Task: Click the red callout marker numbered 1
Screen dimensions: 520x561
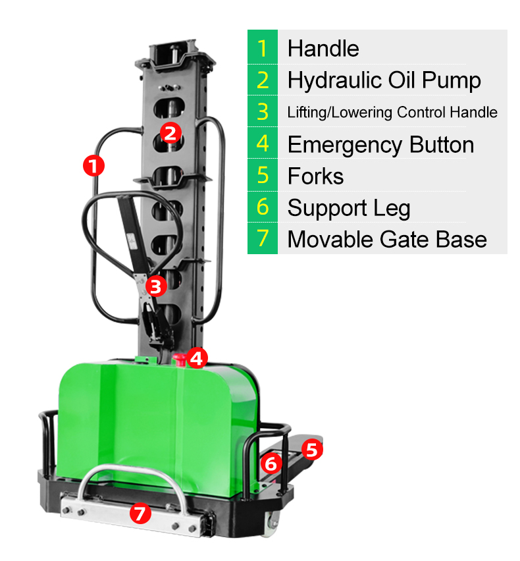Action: point(93,166)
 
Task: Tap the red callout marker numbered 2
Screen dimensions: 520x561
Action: point(170,133)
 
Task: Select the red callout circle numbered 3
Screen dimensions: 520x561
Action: point(156,286)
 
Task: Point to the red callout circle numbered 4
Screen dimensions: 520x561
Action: point(197,358)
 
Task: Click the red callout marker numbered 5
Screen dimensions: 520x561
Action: point(312,449)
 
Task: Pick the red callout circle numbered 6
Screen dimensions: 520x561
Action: point(271,464)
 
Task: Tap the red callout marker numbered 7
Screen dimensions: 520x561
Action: point(140,513)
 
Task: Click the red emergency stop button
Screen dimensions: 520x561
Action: point(179,360)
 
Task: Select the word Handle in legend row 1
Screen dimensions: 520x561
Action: point(323,48)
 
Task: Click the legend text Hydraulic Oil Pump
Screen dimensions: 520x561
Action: point(384,80)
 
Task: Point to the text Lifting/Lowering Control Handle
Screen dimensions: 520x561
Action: point(392,113)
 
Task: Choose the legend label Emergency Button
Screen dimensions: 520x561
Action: point(381,145)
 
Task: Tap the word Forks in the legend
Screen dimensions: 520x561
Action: point(315,176)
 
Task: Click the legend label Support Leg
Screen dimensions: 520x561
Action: point(349,208)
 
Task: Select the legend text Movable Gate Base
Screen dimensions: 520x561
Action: point(387,239)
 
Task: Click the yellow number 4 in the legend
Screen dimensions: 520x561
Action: point(263,144)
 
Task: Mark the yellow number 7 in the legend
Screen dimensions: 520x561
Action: point(263,238)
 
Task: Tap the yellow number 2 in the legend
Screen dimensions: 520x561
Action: point(263,80)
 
